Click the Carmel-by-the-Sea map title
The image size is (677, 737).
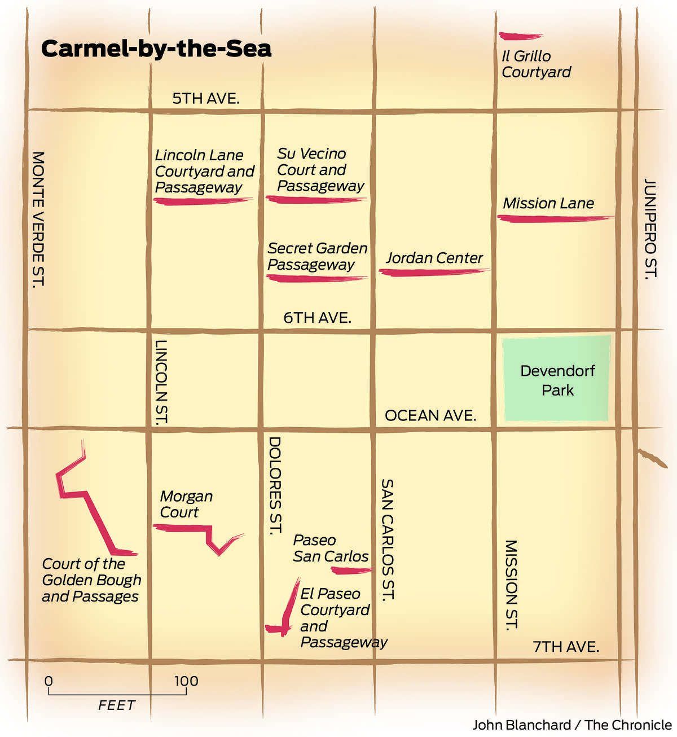point(156,49)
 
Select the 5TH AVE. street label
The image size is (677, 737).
point(205,98)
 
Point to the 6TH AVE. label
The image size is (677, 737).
point(317,318)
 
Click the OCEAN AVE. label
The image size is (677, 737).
point(430,416)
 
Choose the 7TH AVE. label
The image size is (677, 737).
point(566,647)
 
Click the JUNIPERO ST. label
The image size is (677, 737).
point(650,228)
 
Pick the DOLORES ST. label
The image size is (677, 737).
point(275,485)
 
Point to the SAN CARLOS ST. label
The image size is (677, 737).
point(387,539)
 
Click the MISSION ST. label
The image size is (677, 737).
point(511,585)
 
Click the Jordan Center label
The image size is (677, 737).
point(434,258)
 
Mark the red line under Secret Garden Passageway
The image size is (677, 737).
point(316,278)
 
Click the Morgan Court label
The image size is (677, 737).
point(186,504)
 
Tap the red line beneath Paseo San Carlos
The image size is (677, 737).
point(352,571)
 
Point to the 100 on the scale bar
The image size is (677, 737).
point(186,681)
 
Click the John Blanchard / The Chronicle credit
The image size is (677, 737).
point(572,725)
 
